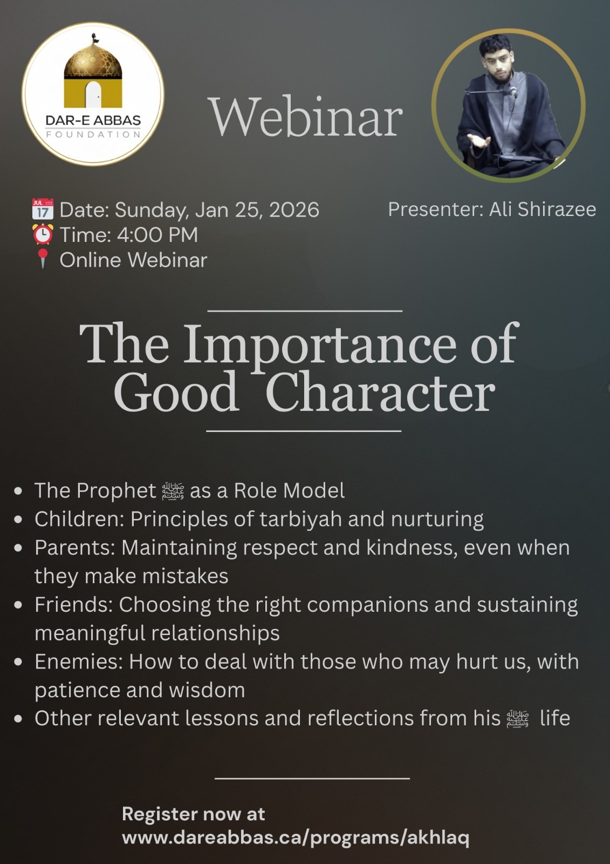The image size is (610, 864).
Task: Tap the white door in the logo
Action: pos(93,94)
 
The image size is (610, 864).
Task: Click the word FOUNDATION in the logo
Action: pos(93,134)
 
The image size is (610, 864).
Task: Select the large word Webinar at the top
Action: pos(305,117)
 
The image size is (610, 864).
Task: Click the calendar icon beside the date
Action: pos(43,209)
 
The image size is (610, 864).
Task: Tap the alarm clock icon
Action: pos(43,234)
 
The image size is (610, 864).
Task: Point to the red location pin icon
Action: pos(43,259)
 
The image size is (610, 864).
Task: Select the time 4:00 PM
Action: pos(157,234)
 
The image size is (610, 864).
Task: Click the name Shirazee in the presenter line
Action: pos(557,209)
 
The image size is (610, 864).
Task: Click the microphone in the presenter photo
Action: pos(513,92)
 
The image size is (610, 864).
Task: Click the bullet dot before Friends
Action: pos(18,605)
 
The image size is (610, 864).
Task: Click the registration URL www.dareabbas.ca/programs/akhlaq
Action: pos(296,838)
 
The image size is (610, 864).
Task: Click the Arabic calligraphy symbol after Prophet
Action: pos(173,491)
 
